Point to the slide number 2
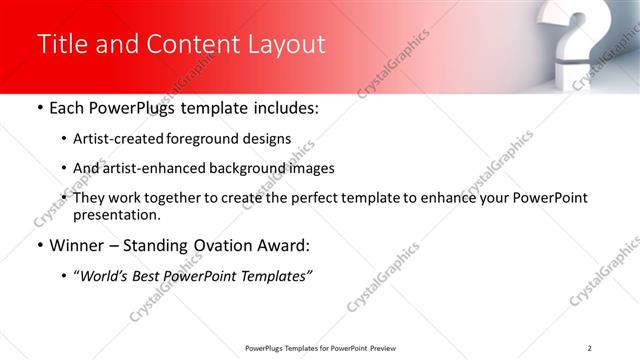(x=590, y=348)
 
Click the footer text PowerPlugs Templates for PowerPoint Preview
(x=319, y=348)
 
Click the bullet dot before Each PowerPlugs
(x=39, y=107)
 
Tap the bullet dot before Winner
(x=39, y=245)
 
